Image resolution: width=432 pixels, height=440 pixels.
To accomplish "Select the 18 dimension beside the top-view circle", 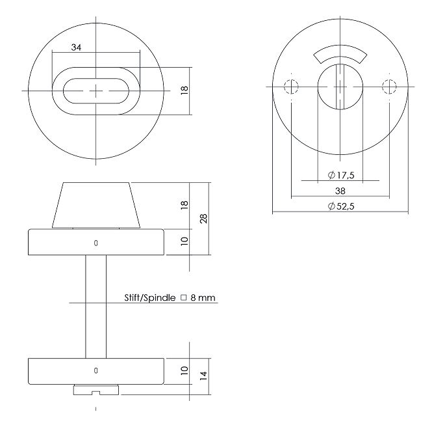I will pos(184,90).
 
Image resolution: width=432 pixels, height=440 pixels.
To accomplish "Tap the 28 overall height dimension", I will pos(203,218).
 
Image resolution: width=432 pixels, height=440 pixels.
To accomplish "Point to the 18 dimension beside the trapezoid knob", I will pos(184,205).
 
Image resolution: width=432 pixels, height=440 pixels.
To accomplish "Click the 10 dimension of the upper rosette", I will pos(184,241).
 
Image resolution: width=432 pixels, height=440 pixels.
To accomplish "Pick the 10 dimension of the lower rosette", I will pos(184,369).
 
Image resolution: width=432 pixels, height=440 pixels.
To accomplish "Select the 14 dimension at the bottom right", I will pos(203,376).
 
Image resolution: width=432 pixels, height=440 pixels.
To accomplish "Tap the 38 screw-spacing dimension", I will pos(339,191).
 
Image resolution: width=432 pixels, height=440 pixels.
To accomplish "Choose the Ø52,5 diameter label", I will pos(340,206).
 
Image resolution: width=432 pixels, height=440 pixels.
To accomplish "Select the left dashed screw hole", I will pos(291,87).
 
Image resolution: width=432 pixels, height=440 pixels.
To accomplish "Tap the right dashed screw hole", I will pos(388,87).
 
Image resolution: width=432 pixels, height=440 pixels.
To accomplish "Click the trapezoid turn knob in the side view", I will pos(96,204).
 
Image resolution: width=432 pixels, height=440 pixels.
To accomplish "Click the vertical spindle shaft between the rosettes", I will pos(96,306).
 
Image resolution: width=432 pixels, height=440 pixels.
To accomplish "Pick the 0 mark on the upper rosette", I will pos(96,243).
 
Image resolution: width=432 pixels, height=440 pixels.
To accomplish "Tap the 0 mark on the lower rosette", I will pos(96,370).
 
